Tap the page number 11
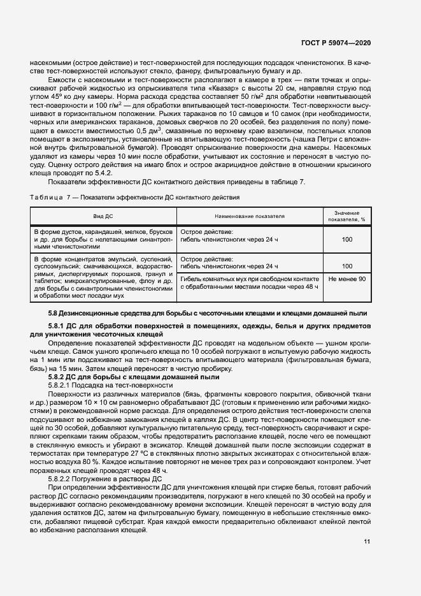(x=367, y=542)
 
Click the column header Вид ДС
(x=103, y=216)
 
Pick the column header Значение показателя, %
(x=347, y=216)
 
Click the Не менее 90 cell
(x=347, y=279)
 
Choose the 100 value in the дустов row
(x=347, y=239)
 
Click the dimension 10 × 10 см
(x=94, y=403)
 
